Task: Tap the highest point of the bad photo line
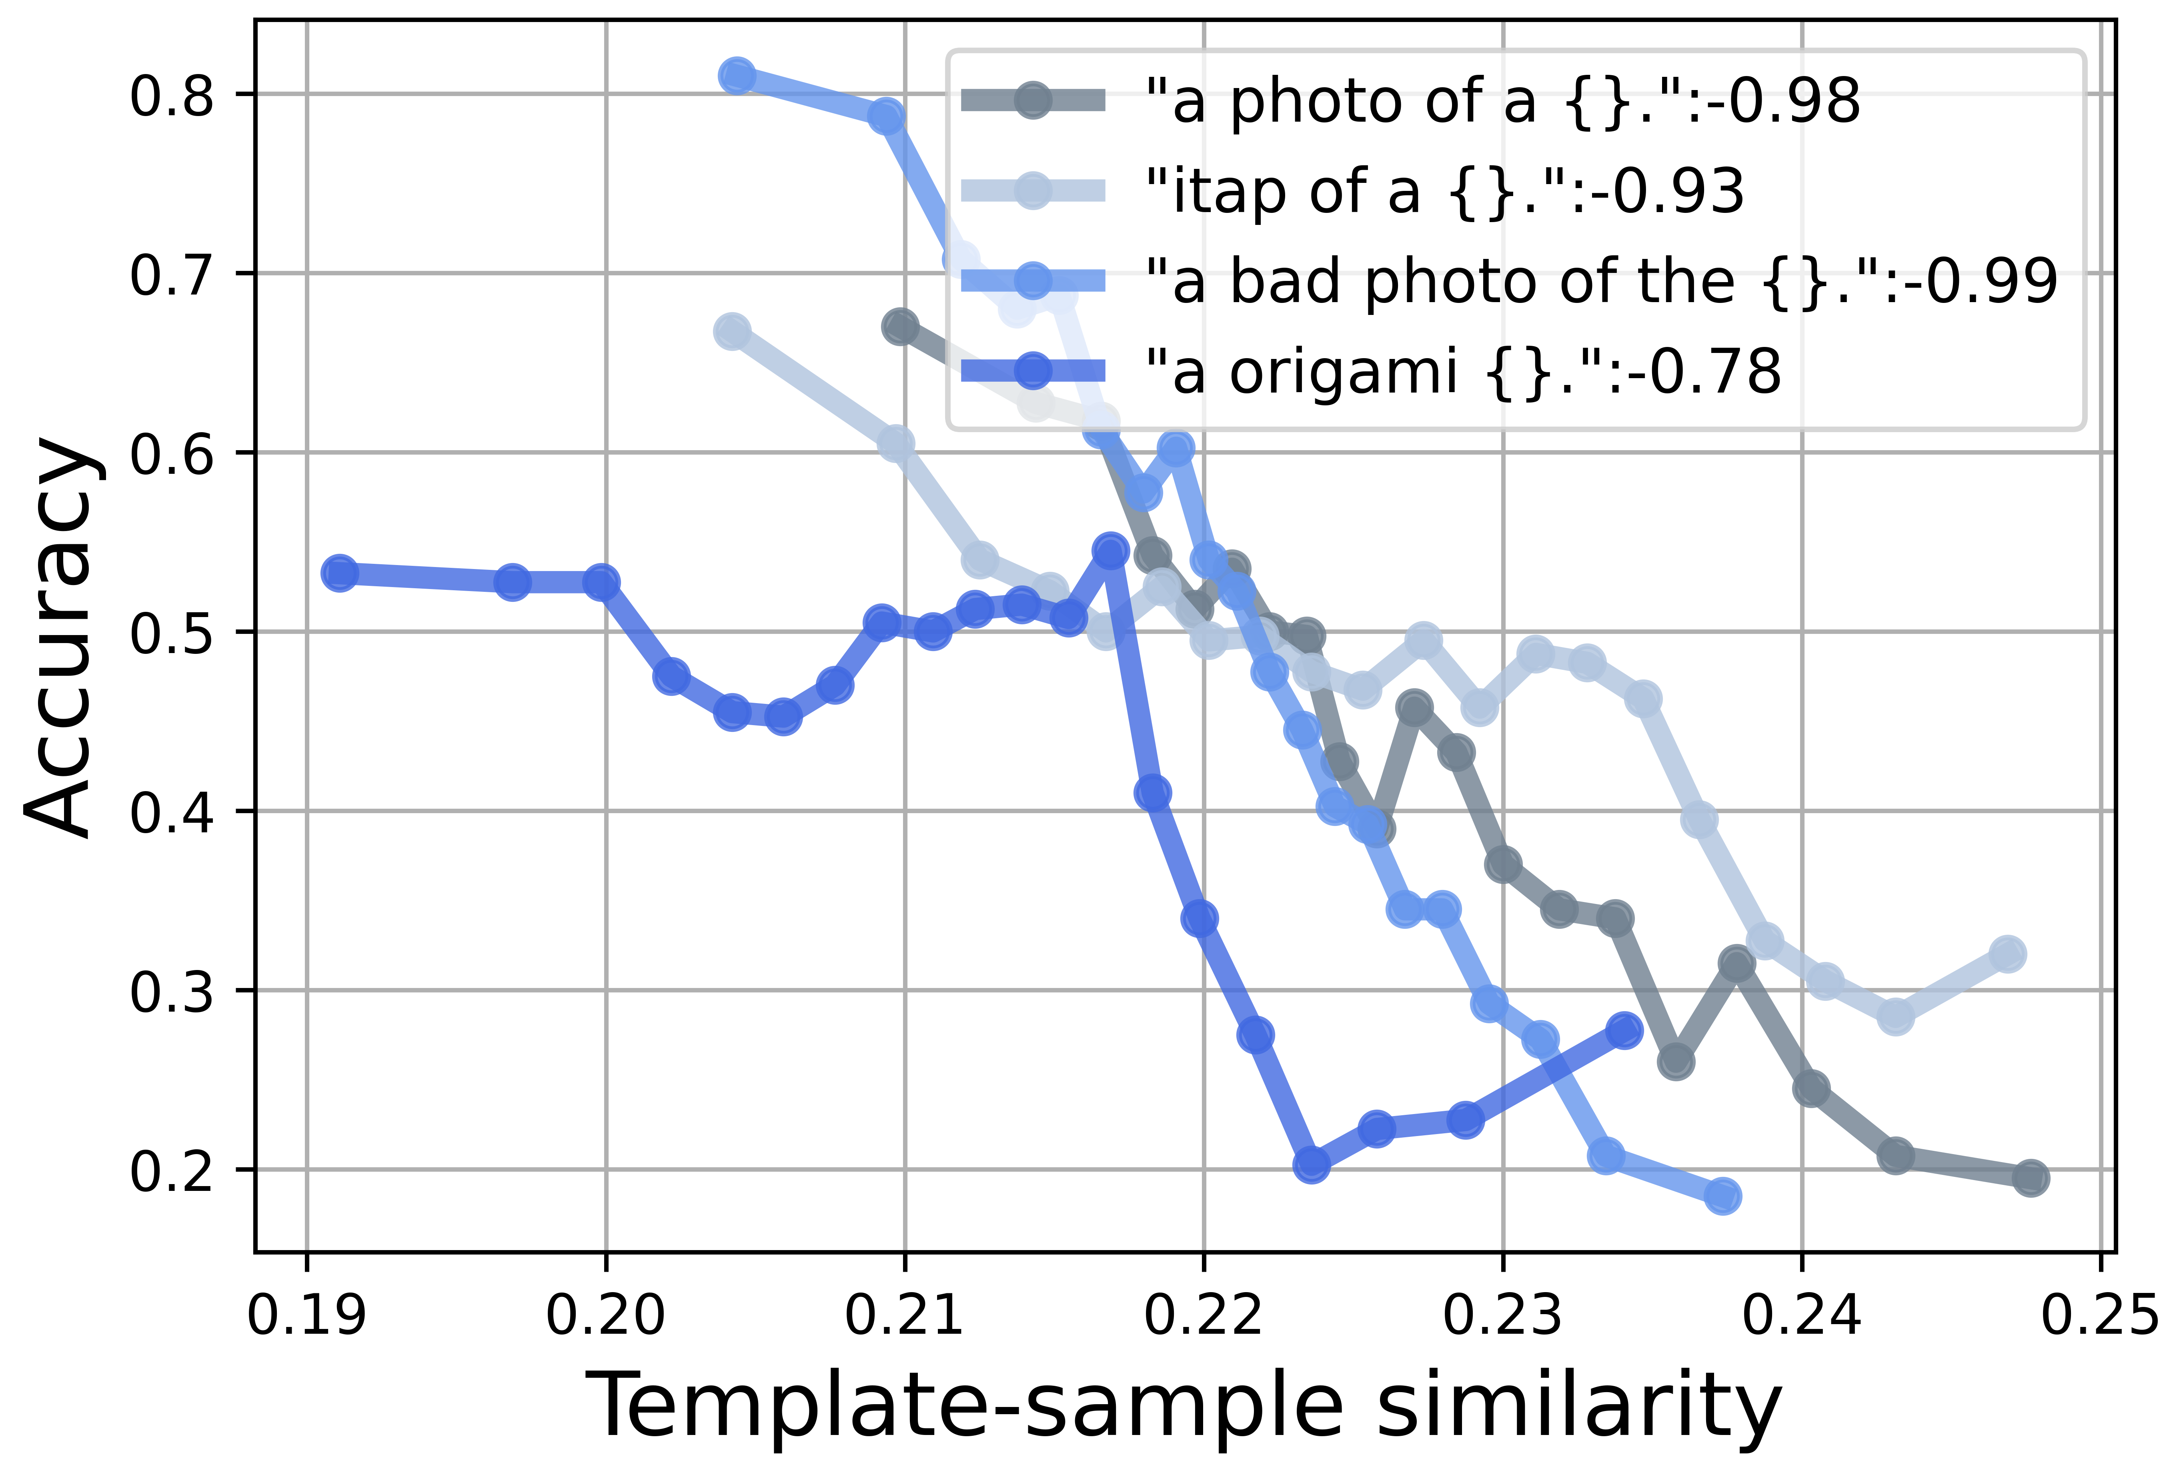(x=737, y=75)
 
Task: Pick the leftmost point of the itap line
(x=733, y=332)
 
